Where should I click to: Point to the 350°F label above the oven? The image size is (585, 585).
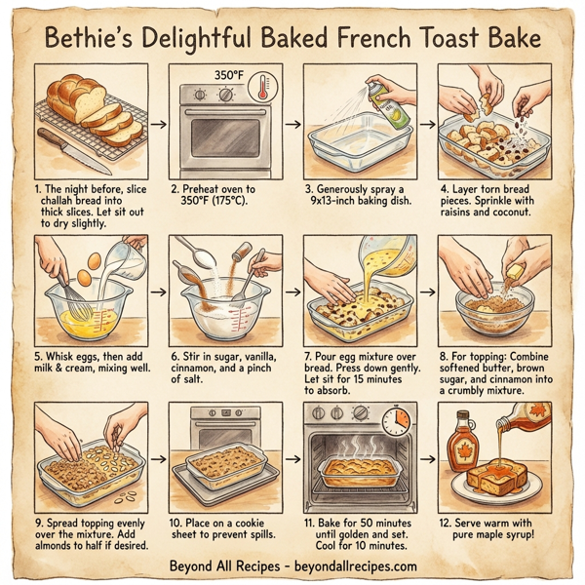click(228, 75)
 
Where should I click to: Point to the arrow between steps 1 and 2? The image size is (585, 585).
click(158, 124)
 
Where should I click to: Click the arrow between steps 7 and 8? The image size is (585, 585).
click(426, 290)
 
